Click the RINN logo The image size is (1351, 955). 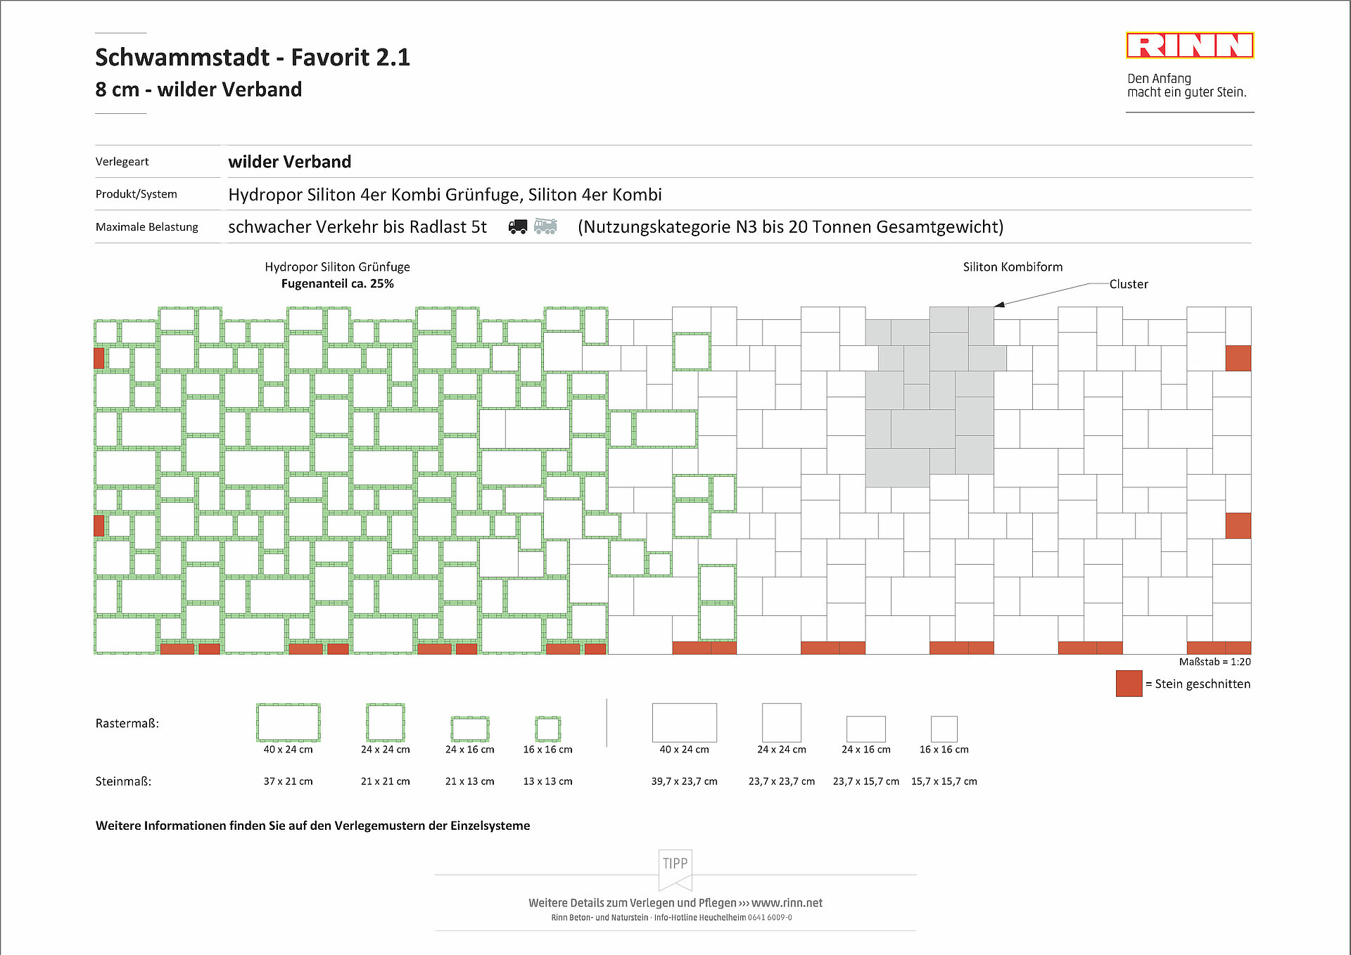(1189, 46)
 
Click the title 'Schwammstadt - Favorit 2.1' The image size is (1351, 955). (253, 57)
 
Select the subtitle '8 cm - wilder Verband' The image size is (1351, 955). (198, 89)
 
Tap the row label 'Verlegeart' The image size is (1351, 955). (122, 162)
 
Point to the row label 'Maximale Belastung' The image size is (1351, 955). (147, 227)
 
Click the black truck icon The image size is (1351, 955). (518, 226)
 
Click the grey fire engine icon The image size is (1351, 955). (545, 226)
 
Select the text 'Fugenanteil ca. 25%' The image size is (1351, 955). (337, 283)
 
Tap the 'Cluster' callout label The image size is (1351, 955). (1128, 284)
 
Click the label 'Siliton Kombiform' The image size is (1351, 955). (1013, 267)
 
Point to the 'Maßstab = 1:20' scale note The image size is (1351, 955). (1214, 662)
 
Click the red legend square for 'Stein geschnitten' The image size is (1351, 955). (1129, 684)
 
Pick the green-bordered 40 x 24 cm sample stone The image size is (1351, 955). (288, 722)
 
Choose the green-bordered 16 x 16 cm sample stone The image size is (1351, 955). (547, 729)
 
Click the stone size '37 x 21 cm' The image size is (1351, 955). (288, 781)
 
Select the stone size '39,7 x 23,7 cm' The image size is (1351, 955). (684, 781)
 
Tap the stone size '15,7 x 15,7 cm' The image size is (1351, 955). (944, 781)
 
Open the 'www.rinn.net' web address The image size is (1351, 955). (787, 903)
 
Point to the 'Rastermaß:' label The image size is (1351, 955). (127, 723)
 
